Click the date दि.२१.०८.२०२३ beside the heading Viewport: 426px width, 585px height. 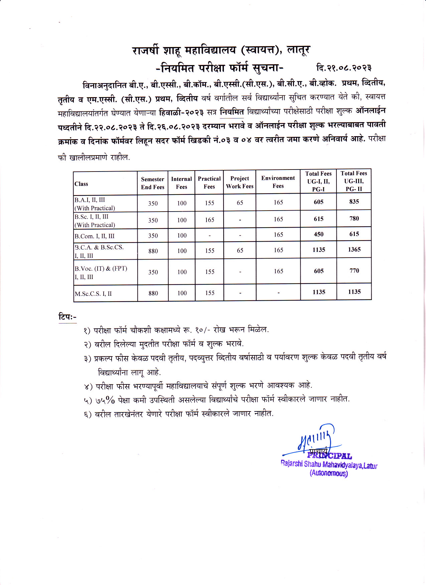[344, 68]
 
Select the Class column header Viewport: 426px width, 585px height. [81, 184]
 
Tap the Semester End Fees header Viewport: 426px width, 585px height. [152, 183]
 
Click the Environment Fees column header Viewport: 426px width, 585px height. [278, 182]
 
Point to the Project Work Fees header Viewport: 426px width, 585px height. [240, 182]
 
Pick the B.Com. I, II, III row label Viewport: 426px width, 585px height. [95, 236]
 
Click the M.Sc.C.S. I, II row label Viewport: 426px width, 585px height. [93, 294]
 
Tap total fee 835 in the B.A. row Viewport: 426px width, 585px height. [354, 202]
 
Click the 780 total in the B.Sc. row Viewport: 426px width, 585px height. [354, 219]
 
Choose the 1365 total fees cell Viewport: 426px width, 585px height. [354, 249]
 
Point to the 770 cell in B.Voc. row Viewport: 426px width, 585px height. [354, 271]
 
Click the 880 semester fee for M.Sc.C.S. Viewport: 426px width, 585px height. [153, 293]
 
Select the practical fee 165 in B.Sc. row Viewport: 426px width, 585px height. [209, 220]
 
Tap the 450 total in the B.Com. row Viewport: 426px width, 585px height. [318, 234]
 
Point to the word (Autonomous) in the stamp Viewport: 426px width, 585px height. [329, 473]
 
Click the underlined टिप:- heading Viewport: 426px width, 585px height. [67, 317]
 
